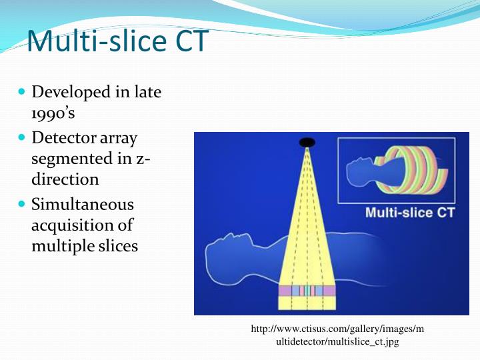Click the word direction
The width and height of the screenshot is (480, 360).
[65, 179]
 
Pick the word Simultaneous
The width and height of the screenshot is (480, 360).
[83, 204]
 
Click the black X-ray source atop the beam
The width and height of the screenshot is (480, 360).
[307, 142]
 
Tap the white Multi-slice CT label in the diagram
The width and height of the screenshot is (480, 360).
[409, 213]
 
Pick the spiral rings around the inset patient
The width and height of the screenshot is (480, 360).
[413, 171]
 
